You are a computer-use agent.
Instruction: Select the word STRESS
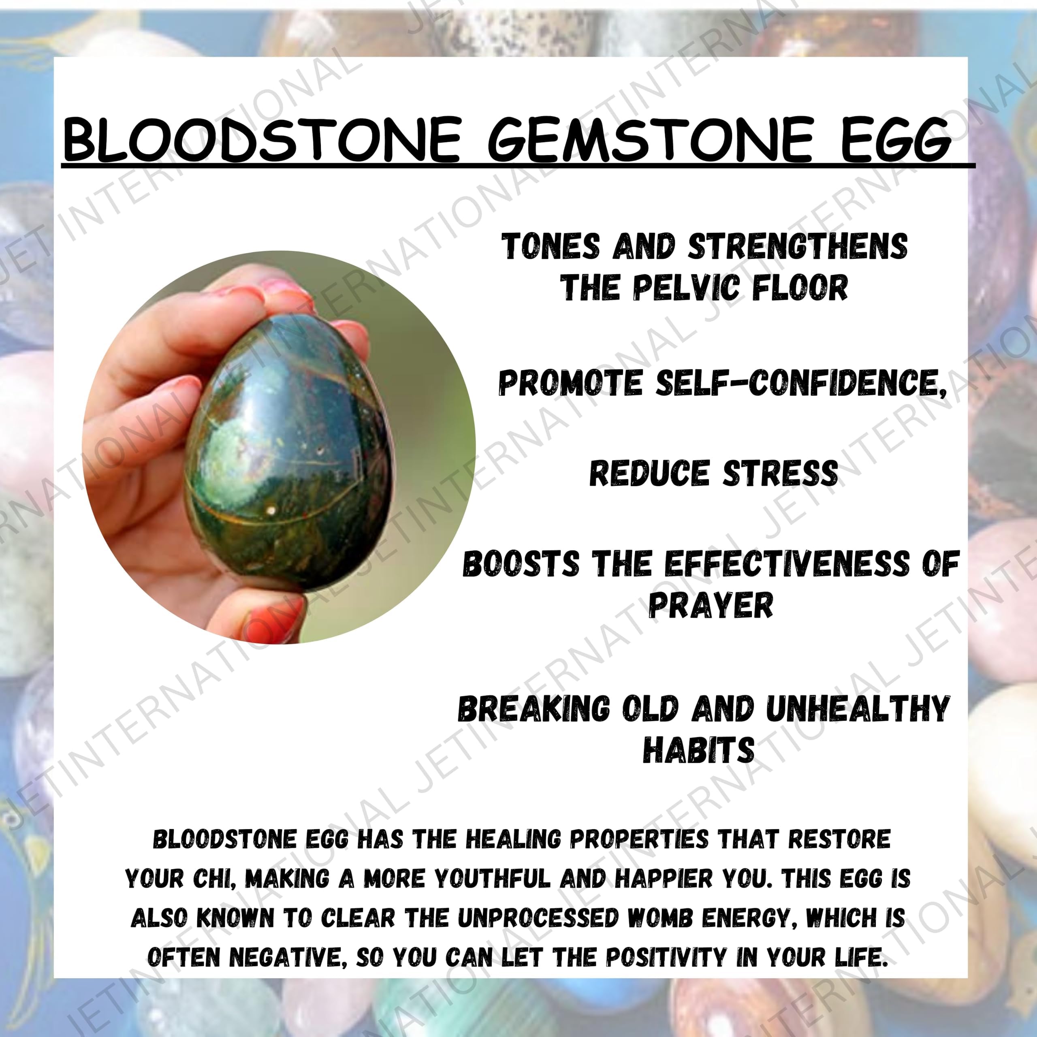pyautogui.click(x=781, y=474)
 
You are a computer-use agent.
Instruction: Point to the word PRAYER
pyautogui.click(x=711, y=605)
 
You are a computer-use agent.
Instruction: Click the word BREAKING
pyautogui.click(x=534, y=708)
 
